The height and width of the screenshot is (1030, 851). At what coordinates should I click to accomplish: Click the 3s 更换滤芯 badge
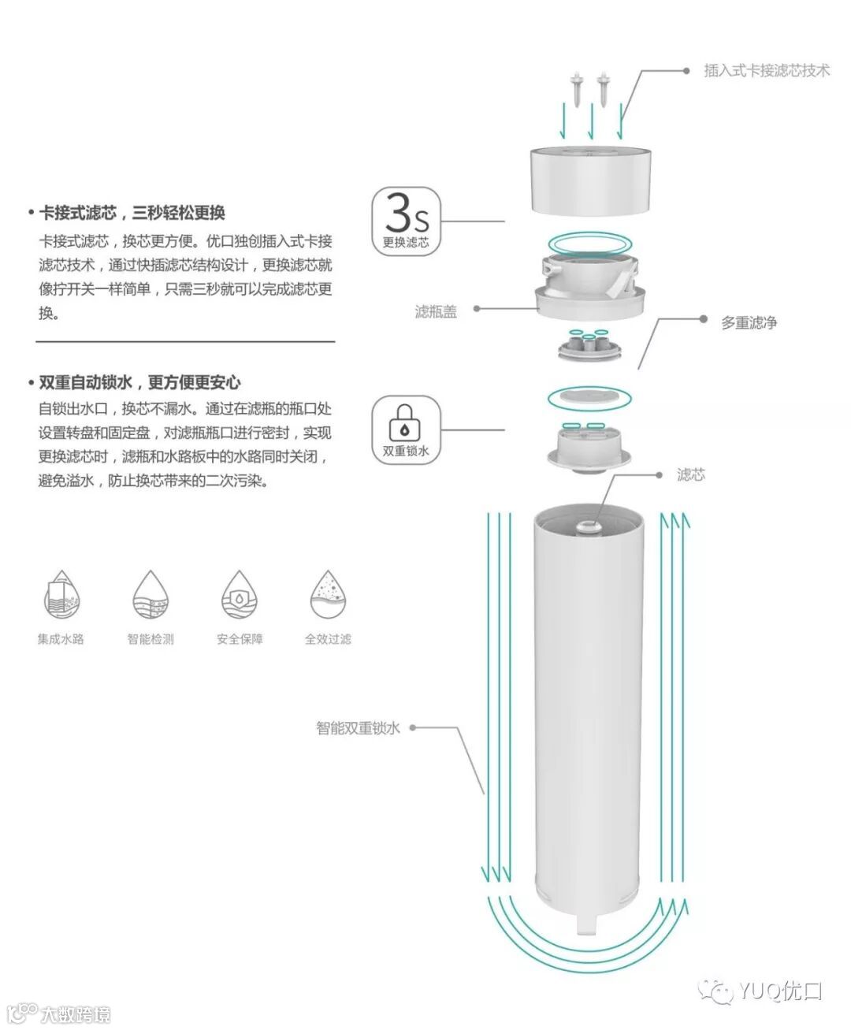[x=406, y=220]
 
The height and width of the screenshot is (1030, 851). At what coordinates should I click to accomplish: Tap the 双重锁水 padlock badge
[x=406, y=429]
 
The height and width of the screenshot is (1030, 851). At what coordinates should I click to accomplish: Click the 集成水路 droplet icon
[x=61, y=595]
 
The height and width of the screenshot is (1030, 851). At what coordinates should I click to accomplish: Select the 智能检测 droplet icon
[x=151, y=595]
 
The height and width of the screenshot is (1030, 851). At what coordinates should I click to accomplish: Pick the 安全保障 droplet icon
[x=240, y=595]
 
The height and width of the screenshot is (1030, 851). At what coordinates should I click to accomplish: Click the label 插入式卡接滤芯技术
[x=766, y=71]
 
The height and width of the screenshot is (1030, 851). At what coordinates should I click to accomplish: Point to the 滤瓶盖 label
[x=436, y=312]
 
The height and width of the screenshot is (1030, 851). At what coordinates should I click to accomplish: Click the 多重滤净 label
[x=749, y=322]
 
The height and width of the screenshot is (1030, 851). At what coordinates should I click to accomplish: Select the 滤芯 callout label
[x=690, y=474]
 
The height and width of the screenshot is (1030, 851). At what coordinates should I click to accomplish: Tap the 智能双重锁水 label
[x=358, y=728]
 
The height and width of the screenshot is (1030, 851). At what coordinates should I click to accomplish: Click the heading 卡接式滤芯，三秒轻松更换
[x=132, y=213]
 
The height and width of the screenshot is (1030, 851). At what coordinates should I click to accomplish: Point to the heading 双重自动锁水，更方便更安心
[x=139, y=383]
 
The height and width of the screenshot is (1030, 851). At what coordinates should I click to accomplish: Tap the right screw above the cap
[x=603, y=88]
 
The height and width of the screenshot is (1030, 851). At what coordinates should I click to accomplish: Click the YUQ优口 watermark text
[x=779, y=991]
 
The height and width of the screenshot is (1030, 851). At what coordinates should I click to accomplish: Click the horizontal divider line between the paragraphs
[x=185, y=342]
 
